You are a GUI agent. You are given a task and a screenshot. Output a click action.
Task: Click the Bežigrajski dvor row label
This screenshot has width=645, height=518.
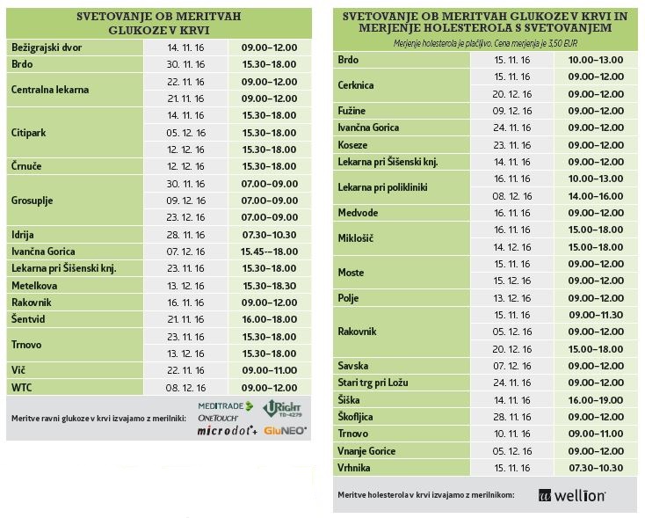point(47,47)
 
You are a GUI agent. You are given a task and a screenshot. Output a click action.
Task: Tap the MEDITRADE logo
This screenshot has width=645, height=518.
point(226,406)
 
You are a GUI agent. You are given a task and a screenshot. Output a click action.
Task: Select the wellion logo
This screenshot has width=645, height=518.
point(572,495)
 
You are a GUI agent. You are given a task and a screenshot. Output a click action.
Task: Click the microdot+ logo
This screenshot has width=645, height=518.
point(228,430)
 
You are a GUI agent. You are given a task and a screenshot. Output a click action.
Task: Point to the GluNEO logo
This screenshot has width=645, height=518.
point(285,430)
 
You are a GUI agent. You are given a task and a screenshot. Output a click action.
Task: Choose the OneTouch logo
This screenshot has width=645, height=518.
point(218,418)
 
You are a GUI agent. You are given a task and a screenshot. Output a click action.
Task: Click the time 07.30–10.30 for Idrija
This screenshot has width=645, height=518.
point(270,235)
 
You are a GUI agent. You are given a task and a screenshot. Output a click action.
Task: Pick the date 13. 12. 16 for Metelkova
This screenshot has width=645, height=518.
point(185,286)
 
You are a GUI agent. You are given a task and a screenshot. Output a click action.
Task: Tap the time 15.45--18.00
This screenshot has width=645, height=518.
point(270,252)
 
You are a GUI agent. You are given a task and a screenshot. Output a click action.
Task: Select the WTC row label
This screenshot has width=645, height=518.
point(21,388)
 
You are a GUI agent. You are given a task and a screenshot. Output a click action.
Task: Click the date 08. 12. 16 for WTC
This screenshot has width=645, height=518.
point(185,388)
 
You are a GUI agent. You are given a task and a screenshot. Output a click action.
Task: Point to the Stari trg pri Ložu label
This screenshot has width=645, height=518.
point(373,383)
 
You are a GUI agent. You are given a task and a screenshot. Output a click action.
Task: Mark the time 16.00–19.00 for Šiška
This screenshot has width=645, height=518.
point(596,400)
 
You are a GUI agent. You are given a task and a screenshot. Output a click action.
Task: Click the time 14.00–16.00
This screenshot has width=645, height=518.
point(596,196)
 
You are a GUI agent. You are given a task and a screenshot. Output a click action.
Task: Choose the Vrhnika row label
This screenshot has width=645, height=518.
point(354,468)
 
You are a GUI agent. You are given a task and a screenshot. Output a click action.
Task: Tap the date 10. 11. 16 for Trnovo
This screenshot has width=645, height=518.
point(512,434)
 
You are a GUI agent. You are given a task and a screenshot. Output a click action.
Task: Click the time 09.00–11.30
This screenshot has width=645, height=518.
point(596,315)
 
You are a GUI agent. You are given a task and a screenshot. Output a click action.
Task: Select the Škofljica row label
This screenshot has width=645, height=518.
point(355,417)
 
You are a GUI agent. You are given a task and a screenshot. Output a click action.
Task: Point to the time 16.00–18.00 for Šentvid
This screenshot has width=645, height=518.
point(270,319)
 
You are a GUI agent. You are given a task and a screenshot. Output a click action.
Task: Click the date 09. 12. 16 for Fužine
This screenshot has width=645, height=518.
point(512,111)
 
